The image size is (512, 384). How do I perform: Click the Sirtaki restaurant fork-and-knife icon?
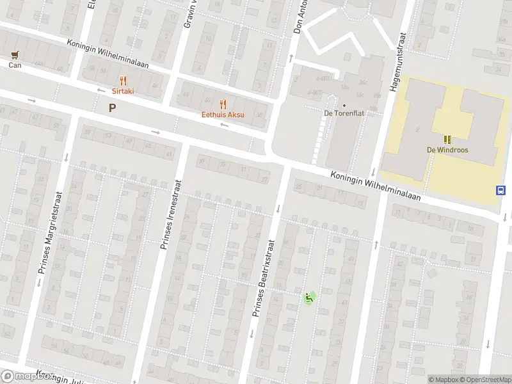tap(123, 81)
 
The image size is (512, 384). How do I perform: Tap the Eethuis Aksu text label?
tap(223, 115)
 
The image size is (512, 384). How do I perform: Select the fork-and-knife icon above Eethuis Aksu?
tap(223, 104)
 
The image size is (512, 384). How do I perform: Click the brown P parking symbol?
tap(113, 108)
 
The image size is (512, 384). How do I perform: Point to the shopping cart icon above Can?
tap(14, 55)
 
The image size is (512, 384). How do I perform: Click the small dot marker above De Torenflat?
tap(344, 106)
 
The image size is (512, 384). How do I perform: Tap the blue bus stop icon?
tap(500, 189)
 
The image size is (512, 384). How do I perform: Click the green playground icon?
tap(309, 297)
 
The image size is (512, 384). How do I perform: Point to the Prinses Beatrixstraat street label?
tap(263, 278)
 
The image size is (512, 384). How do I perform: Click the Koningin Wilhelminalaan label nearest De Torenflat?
tap(376, 186)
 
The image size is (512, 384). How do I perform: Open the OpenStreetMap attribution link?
tap(483, 380)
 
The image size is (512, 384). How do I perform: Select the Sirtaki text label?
tap(123, 92)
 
